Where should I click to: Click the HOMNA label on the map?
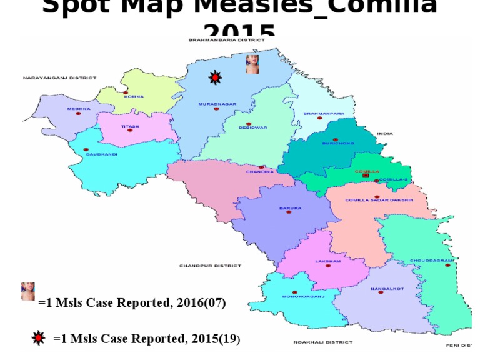(134, 97)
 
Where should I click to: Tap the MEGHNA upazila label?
(79, 109)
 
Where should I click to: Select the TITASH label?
(130, 126)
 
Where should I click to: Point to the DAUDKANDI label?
(102, 154)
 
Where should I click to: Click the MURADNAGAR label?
(217, 104)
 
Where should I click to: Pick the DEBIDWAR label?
(252, 127)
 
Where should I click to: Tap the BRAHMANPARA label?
(324, 114)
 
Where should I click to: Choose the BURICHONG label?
(338, 143)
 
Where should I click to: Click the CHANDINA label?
(259, 171)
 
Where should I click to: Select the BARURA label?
(290, 208)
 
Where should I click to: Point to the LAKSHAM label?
(327, 261)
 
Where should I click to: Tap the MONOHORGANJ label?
(304, 296)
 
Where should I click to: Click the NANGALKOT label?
(387, 288)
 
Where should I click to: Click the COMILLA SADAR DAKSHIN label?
(379, 200)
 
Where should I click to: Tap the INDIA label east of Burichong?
(385, 133)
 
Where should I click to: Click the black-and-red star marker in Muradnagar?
(216, 77)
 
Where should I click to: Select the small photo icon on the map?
(252, 64)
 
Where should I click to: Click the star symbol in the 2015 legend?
(39, 338)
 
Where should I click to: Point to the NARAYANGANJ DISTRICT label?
(60, 78)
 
